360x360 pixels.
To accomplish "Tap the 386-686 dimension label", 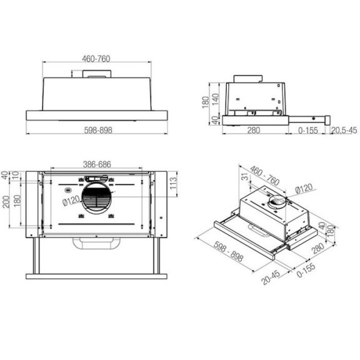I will click(98, 164).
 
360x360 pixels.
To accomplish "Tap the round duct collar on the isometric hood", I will click(277, 204).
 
